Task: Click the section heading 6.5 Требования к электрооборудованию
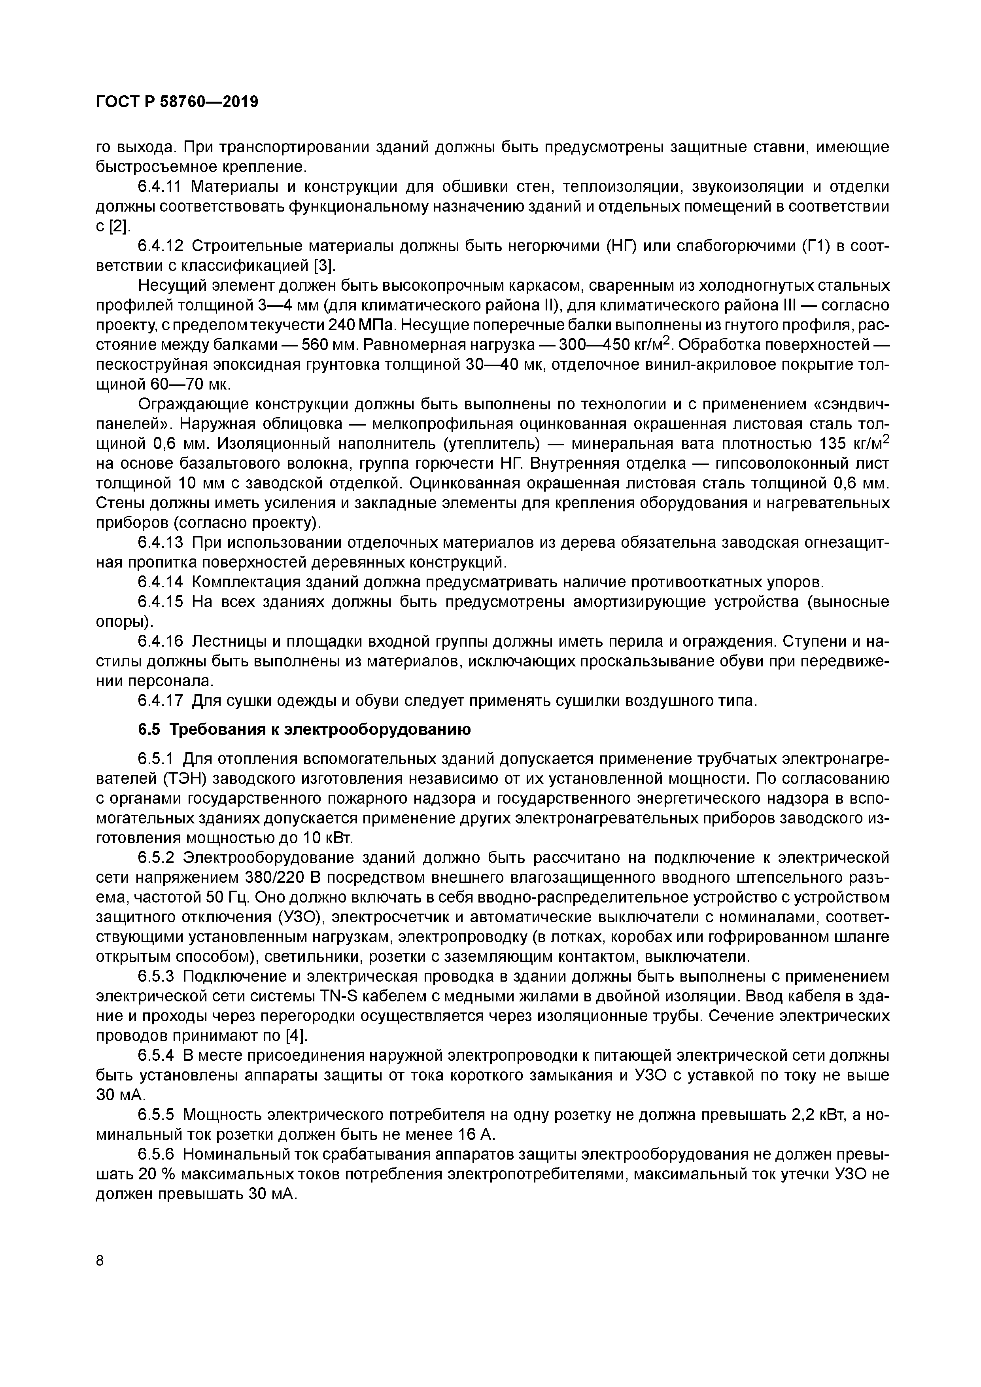click(304, 730)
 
